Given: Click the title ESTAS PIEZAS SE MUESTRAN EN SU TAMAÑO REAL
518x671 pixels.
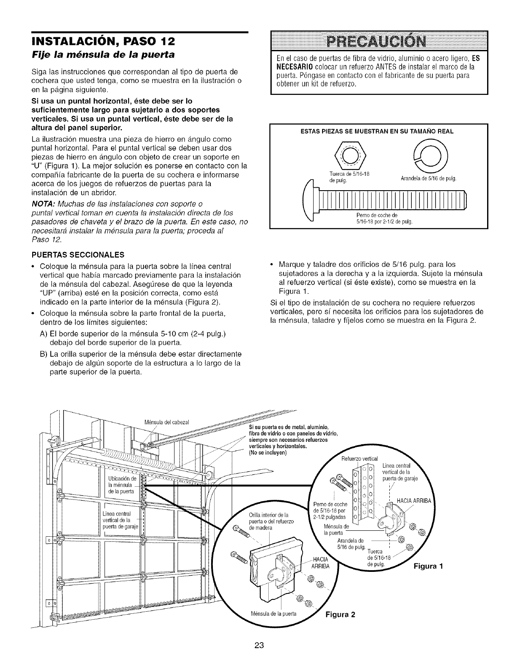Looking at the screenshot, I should pos(379,131).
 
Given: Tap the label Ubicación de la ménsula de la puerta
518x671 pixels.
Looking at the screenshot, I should pos(121,485).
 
